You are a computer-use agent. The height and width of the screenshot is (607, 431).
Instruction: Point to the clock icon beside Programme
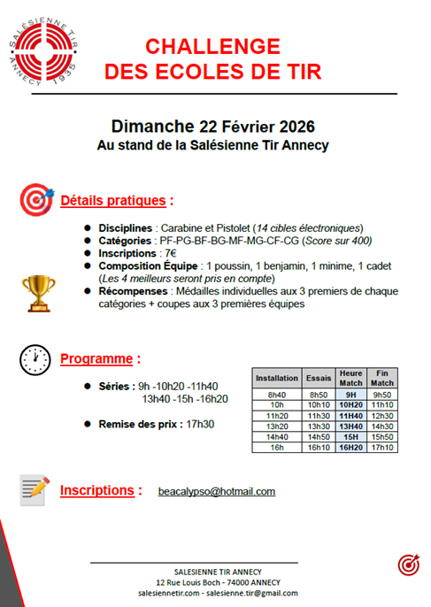(35, 360)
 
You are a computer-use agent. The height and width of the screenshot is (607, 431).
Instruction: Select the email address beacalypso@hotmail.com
(216, 491)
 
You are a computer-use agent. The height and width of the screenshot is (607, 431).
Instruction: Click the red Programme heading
(100, 359)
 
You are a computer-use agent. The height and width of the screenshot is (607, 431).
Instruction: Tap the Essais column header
(319, 378)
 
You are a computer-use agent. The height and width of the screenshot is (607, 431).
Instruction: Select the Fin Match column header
(382, 378)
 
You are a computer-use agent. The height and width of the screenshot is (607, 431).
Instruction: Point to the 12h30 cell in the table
(382, 415)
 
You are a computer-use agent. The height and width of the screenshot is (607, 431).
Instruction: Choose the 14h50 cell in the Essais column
(319, 436)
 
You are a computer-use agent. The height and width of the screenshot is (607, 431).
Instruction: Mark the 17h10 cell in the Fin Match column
(382, 447)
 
